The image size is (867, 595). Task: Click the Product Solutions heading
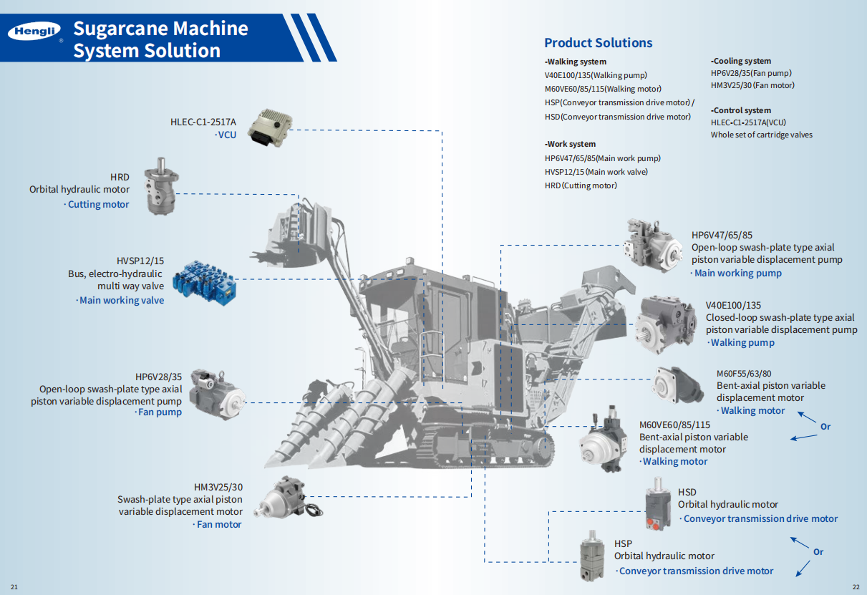point(598,43)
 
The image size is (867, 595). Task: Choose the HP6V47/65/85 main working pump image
point(652,244)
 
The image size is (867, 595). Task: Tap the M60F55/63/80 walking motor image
point(677,384)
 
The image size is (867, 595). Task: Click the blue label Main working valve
point(121,301)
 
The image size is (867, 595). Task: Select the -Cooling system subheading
point(741,62)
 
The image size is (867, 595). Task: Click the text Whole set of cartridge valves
point(761,135)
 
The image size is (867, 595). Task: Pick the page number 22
point(856,588)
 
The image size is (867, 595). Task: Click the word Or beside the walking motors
point(825,427)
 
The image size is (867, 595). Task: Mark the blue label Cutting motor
point(97,205)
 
